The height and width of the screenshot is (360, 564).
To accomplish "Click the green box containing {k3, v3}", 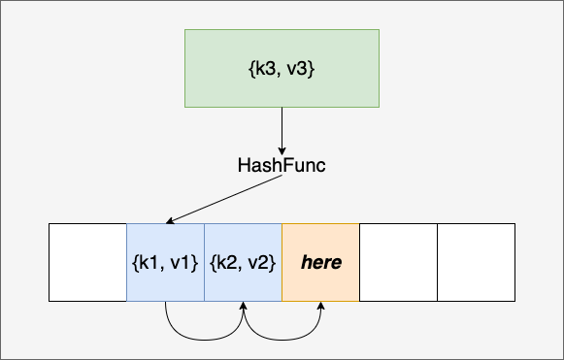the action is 282,68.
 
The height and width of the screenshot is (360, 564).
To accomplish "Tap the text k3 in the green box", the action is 265,68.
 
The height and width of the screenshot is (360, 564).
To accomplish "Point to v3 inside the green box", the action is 297,69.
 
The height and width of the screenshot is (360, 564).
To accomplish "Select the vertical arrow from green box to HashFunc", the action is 282,131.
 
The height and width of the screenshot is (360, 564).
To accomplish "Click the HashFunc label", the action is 282,165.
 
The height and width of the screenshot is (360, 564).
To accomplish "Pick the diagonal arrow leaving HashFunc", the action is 223,199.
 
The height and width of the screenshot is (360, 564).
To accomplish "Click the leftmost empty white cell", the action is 87,263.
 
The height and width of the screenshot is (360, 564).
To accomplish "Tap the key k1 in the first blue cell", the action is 149,263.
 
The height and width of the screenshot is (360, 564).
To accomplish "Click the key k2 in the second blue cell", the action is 226,263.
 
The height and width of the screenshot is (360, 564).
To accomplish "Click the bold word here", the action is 321,262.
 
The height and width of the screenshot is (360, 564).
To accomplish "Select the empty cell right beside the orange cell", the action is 399,263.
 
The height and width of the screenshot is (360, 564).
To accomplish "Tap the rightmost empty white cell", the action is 477,263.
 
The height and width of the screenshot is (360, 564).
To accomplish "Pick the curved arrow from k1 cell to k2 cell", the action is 204,340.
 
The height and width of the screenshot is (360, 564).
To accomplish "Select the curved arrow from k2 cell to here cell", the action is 282,340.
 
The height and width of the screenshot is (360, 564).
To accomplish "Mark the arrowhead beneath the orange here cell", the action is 321,306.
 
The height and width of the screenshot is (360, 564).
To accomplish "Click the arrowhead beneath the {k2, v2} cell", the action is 243,306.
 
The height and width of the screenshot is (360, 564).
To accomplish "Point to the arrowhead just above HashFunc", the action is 282,151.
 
